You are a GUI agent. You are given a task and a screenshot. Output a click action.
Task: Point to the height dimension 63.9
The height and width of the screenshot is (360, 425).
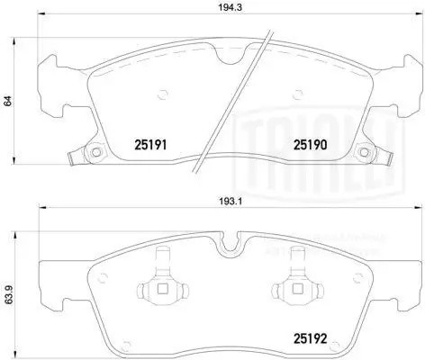tap(8, 293)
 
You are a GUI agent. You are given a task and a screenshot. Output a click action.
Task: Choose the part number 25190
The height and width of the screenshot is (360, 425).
tap(310, 142)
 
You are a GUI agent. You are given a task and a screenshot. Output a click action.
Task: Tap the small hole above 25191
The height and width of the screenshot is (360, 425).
tap(161, 92)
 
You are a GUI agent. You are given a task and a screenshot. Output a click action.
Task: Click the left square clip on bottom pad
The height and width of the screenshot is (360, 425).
tap(161, 289)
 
